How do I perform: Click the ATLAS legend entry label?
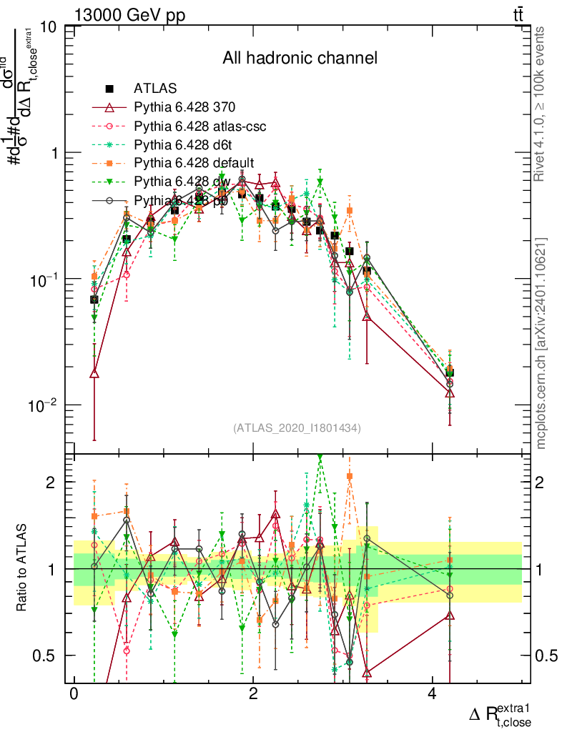click(154, 89)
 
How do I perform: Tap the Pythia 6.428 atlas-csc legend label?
click(200, 127)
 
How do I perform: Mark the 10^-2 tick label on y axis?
click(46, 405)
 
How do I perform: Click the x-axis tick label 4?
click(431, 694)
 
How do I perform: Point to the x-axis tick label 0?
click(74, 694)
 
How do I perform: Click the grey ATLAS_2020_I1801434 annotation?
click(297, 428)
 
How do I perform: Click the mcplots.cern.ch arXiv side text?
click(541, 343)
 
